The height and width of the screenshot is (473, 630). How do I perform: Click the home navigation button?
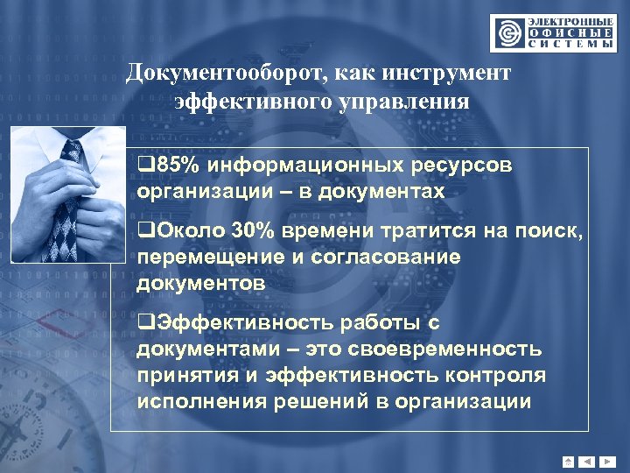569,461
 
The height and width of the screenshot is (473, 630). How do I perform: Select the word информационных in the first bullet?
301,164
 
